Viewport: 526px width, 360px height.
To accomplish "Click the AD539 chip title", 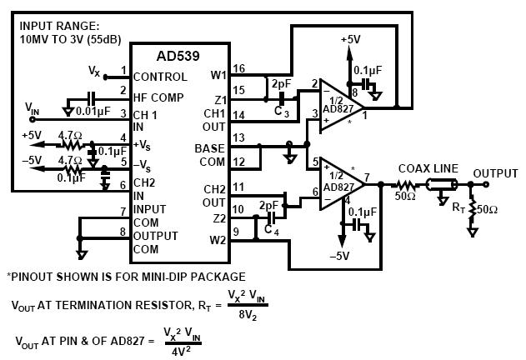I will point(178,57).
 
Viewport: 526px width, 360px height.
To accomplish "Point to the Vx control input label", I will point(94,72).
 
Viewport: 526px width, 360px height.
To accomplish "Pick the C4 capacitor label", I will point(272,229).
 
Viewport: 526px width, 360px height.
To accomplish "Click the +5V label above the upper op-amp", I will point(351,39).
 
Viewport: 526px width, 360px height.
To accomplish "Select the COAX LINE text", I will point(428,167).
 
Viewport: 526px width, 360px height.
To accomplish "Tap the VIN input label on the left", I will point(33,107).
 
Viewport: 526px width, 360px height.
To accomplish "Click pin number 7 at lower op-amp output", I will point(388,177).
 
